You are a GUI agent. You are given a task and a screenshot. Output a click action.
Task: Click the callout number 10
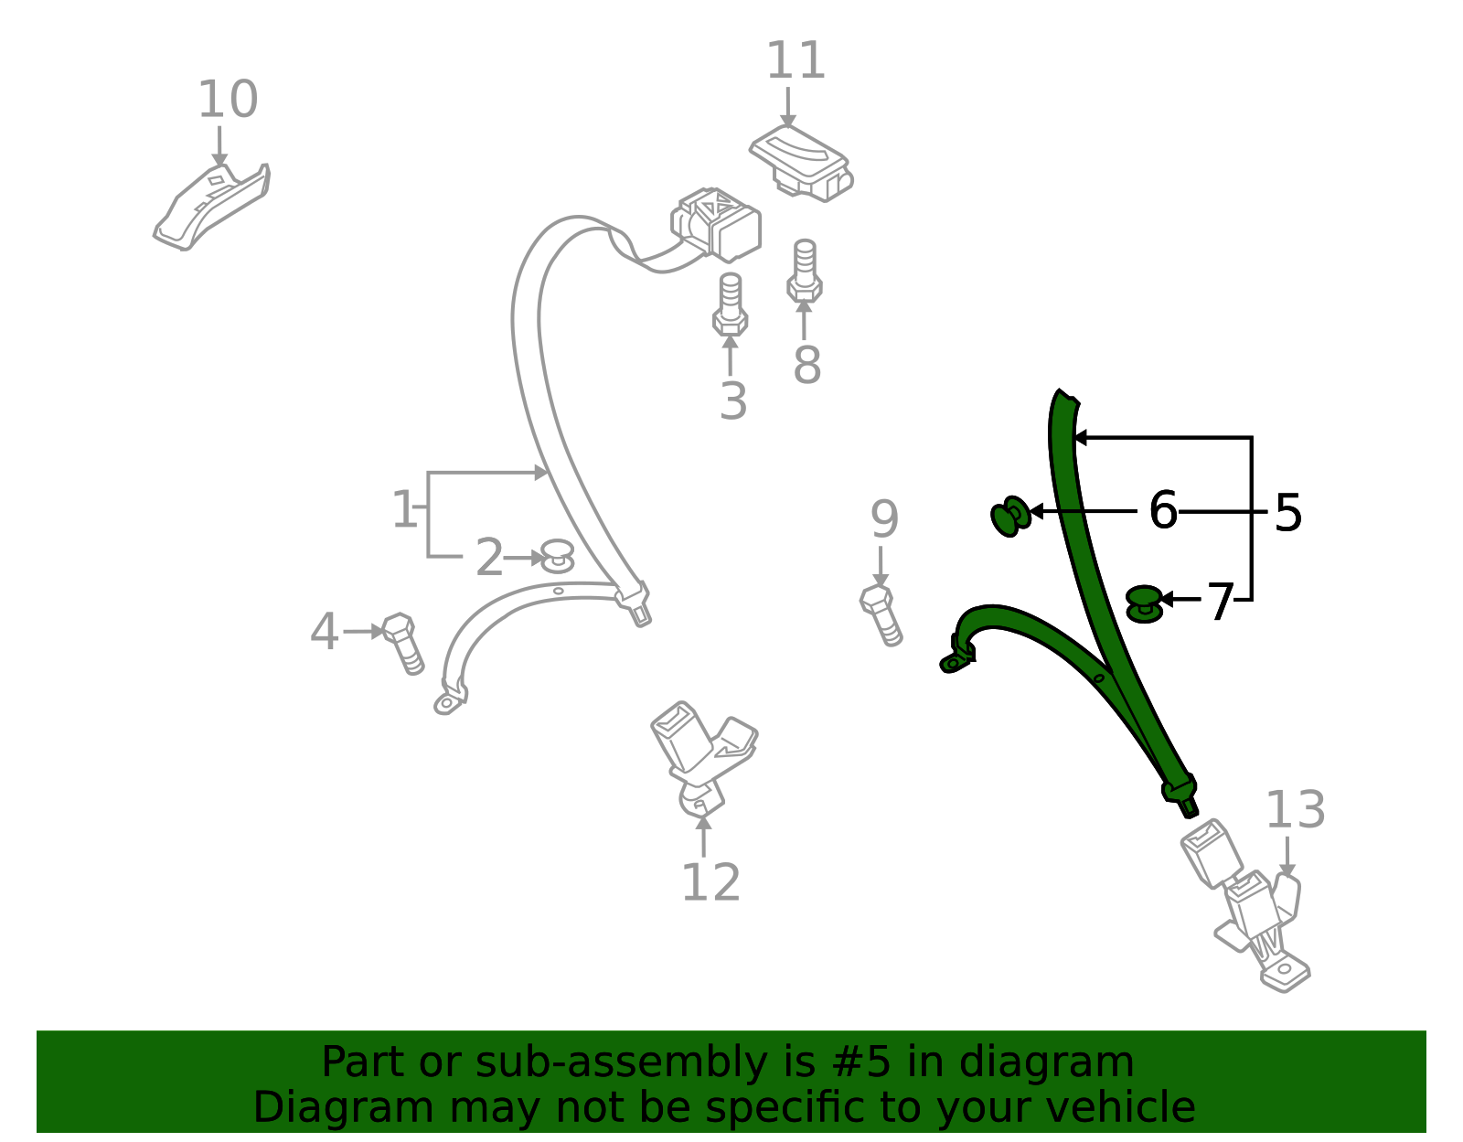(x=228, y=100)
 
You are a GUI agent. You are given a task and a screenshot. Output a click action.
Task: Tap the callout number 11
(x=796, y=60)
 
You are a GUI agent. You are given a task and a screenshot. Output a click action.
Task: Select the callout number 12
(x=711, y=882)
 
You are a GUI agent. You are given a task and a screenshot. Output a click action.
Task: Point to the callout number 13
(x=1296, y=809)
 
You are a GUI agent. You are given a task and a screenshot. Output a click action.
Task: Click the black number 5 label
(x=1288, y=513)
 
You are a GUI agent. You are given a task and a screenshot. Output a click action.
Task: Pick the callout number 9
(x=884, y=518)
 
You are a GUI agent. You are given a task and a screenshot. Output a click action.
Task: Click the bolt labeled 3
(x=731, y=304)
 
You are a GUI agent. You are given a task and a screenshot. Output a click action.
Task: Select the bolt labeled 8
(x=805, y=271)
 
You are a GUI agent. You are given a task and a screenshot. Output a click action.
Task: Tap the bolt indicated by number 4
(x=403, y=643)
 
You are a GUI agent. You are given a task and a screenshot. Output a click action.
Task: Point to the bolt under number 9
(x=881, y=615)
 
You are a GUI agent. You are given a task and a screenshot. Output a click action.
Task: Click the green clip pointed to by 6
(x=1010, y=517)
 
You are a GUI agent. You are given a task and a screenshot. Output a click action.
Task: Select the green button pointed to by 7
(x=1144, y=603)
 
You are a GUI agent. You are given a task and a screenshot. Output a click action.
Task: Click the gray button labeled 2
(x=558, y=555)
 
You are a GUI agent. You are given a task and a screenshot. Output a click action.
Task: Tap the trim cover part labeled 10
(x=211, y=207)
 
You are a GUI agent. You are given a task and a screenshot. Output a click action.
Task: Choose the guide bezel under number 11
(x=801, y=163)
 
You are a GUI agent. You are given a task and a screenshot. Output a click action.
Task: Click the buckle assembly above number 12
(x=703, y=758)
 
